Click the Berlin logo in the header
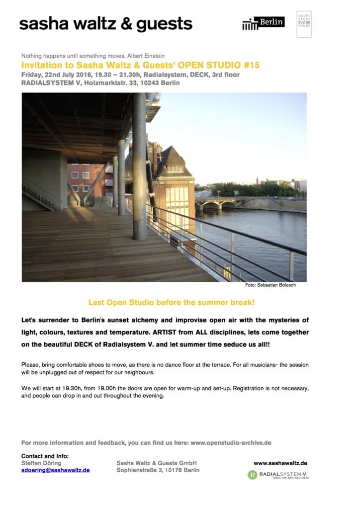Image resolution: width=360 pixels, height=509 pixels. coord(264,23)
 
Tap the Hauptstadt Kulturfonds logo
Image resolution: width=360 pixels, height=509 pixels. coord(304,23)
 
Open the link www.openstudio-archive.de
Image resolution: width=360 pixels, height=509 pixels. coord(231,442)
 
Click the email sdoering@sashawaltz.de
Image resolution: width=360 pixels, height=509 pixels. coord(56,470)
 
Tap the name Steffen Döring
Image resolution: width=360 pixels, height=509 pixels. coord(42,463)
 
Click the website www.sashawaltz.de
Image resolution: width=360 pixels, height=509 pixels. coord(280,463)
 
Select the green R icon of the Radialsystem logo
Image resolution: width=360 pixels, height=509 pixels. coord(252,475)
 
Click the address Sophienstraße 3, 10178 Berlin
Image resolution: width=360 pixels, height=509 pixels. coord(158,470)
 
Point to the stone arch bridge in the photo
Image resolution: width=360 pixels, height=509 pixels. coord(219,204)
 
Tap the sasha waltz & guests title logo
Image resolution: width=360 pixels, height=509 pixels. coord(106,23)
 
